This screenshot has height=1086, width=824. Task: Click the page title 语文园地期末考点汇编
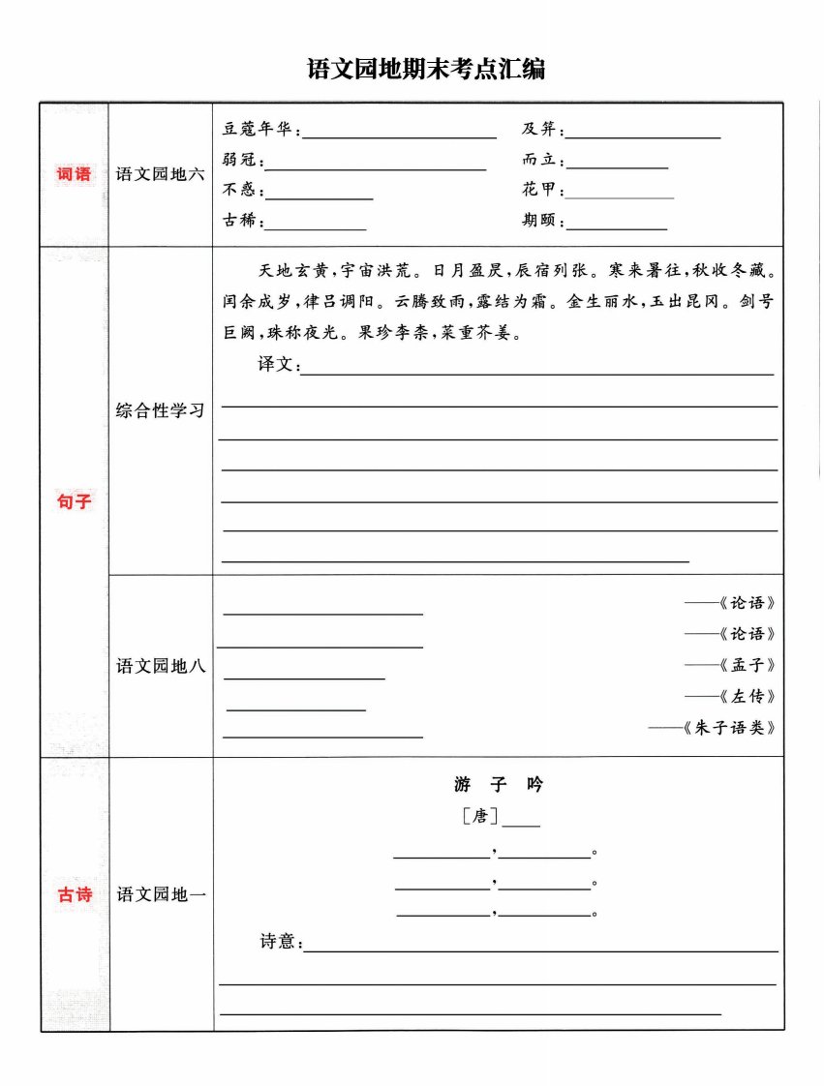click(412, 69)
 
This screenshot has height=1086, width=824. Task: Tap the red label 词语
click(74, 174)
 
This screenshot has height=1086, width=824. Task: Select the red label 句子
click(74, 502)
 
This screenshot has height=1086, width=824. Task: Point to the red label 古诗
click(74, 894)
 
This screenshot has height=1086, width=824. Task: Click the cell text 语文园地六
click(161, 175)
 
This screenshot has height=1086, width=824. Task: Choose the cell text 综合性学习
click(161, 410)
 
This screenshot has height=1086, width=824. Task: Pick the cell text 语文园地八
click(161, 666)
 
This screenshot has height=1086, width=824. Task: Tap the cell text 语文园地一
click(161, 895)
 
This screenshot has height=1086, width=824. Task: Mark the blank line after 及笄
click(645, 136)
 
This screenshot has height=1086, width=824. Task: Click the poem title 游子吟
click(499, 784)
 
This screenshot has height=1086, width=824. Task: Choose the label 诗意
click(281, 941)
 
